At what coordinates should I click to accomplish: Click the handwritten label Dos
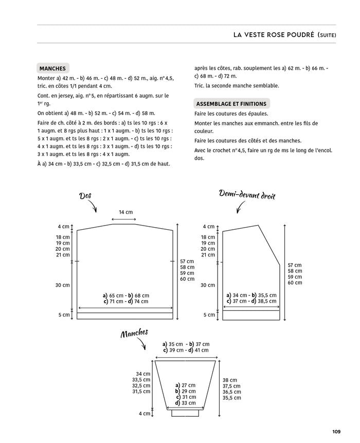click(x=85, y=195)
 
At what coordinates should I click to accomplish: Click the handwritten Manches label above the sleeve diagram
click(x=134, y=334)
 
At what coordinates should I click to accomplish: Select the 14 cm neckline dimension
click(x=125, y=212)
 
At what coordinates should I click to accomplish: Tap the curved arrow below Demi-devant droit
click(x=240, y=207)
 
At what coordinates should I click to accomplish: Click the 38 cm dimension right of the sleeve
click(x=230, y=380)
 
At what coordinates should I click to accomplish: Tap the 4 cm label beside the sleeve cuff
click(x=145, y=413)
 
